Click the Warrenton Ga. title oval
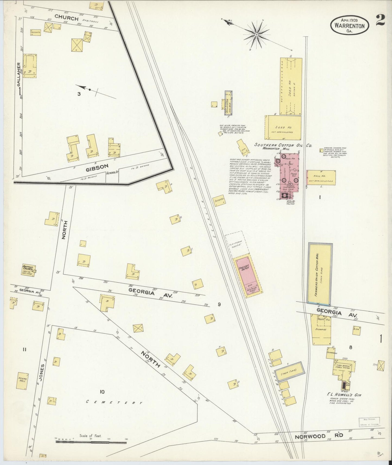tap(349, 25)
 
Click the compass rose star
tap(256, 35)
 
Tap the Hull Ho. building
tap(321, 178)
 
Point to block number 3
tap(79, 94)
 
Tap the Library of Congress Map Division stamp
tap(369, 429)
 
